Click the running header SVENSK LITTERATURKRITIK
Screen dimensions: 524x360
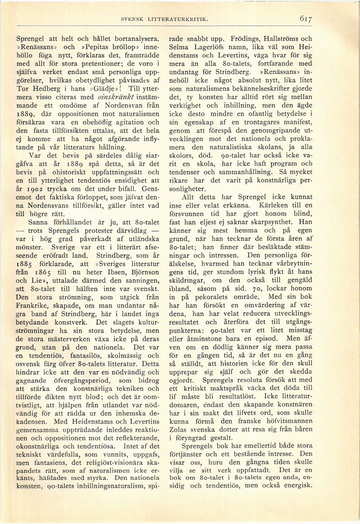pyautogui.click(x=163, y=19)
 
